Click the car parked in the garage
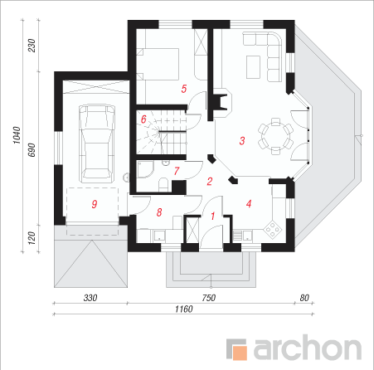(x=96, y=144)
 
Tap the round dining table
(x=275, y=136)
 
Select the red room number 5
(x=184, y=89)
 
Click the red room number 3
(x=242, y=141)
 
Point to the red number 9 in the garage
(x=95, y=204)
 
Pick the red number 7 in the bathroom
(x=177, y=171)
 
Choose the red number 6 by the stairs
(x=143, y=119)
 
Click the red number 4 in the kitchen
(x=249, y=204)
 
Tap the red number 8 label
(x=159, y=212)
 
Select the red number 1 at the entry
(x=213, y=216)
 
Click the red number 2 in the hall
(x=210, y=182)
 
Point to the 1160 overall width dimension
(x=184, y=309)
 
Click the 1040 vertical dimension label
(x=17, y=135)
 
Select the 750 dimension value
(x=209, y=298)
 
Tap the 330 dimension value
(x=90, y=298)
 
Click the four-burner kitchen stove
(x=273, y=229)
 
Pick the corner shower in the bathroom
(x=145, y=169)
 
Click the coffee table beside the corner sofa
(x=253, y=67)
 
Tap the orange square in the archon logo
(x=240, y=353)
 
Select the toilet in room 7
(x=163, y=184)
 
